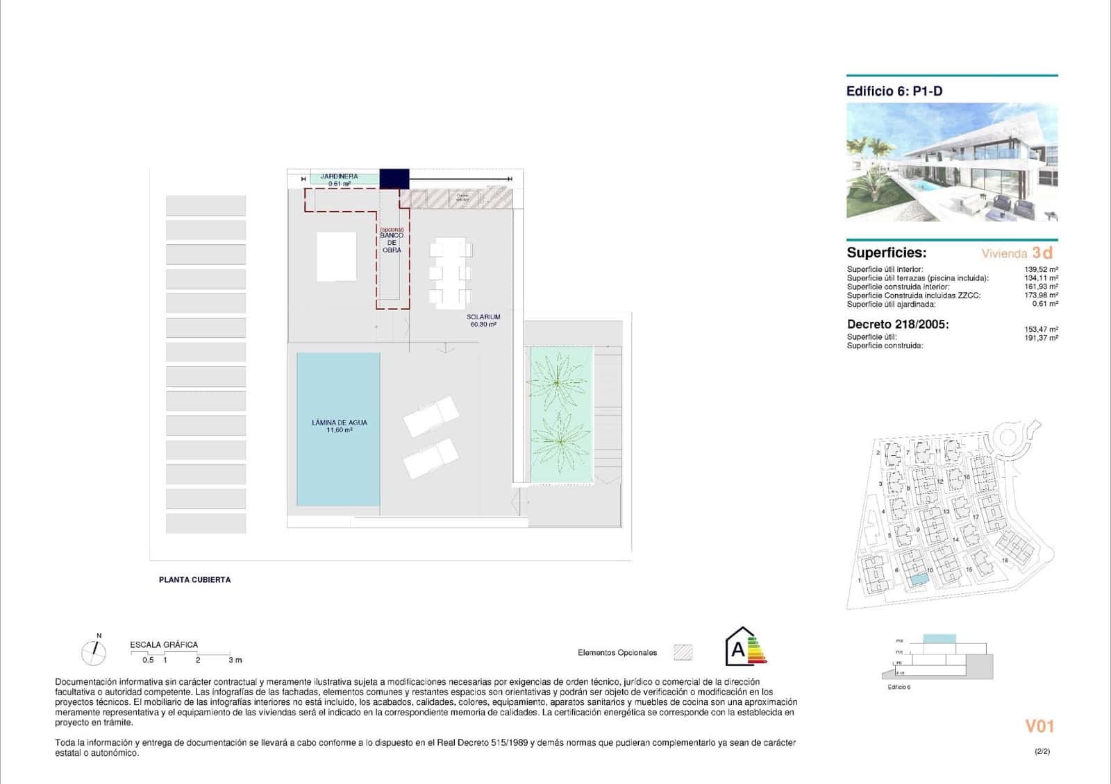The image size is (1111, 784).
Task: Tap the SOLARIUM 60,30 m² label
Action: tap(483, 321)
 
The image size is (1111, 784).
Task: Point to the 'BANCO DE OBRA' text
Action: tap(392, 243)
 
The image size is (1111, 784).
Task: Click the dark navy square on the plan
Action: tap(394, 178)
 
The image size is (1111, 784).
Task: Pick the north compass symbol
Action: tap(94, 651)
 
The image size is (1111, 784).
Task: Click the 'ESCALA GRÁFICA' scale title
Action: tap(164, 645)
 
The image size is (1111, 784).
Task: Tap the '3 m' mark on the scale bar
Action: tap(235, 660)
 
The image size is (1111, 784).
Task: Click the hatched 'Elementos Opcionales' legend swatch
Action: tap(683, 652)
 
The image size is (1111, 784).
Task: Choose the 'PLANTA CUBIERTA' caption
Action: tap(194, 579)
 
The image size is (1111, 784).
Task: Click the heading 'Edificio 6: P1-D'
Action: tap(894, 91)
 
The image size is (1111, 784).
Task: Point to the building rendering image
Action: tap(952, 162)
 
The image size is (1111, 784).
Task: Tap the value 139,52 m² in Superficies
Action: tap(1041, 269)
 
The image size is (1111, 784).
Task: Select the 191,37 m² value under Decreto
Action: tap(1041, 338)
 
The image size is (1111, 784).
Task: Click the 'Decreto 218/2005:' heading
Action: tap(898, 324)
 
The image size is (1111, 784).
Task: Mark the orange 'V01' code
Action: tap(1039, 726)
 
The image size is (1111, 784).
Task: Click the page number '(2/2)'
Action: tap(1042, 751)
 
